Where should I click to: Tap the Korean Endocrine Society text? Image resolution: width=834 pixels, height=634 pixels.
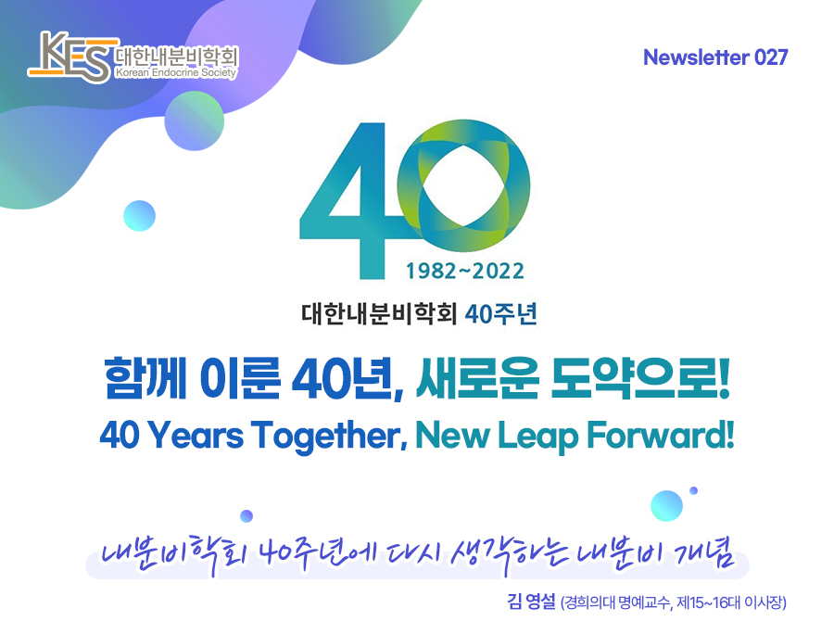(176, 73)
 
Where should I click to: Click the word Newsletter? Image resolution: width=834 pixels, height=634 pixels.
(696, 57)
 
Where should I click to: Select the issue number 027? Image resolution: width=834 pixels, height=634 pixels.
(771, 57)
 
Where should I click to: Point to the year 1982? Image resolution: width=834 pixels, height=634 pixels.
(431, 272)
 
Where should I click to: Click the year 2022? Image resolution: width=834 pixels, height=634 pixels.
(498, 272)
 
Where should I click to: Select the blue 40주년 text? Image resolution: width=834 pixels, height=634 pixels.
(500, 314)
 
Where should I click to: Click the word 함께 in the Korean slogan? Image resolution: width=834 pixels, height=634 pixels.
(145, 378)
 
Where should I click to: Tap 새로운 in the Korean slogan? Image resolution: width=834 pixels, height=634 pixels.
(477, 378)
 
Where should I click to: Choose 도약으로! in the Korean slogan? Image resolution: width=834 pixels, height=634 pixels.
(639, 378)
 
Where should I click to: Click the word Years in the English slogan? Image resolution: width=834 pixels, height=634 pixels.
(195, 435)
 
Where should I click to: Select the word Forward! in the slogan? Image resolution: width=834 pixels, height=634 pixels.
(660, 435)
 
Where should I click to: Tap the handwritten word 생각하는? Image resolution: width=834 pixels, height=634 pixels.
(509, 554)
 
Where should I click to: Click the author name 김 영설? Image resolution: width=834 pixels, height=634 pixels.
(531, 602)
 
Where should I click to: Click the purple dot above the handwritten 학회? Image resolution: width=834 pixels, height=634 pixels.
(246, 516)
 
